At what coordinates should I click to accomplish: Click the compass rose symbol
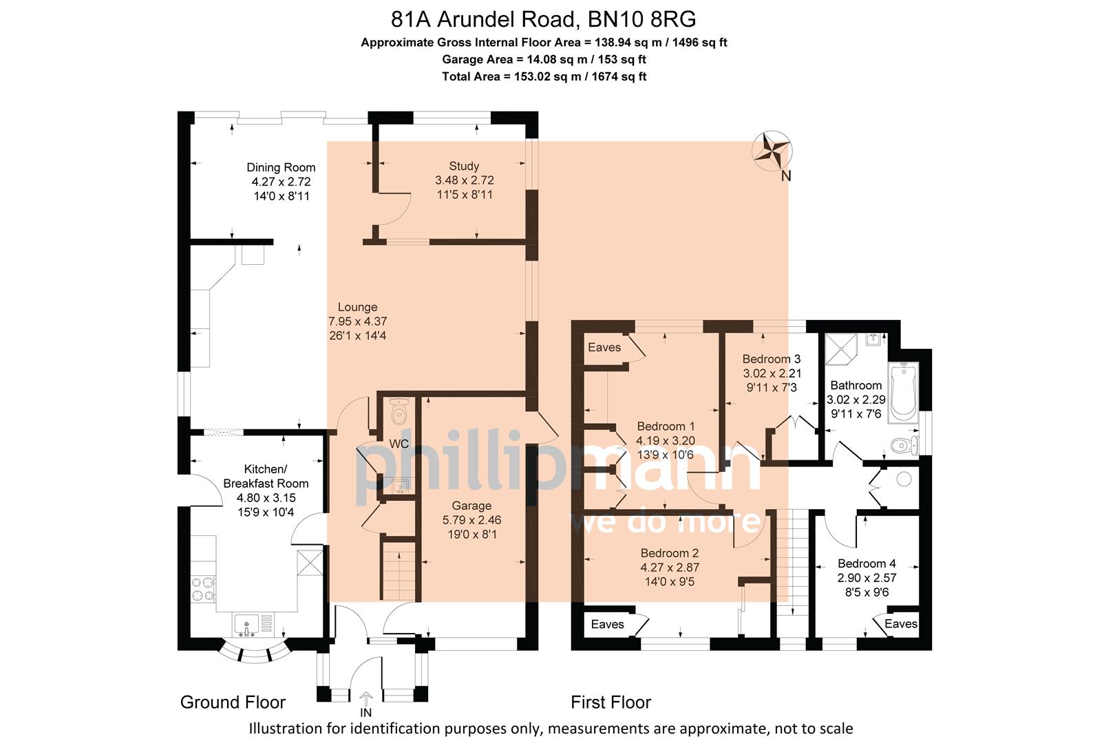click(772, 151)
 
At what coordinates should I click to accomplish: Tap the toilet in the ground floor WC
click(399, 413)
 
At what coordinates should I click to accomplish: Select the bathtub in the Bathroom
click(903, 394)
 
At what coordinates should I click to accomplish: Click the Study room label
click(464, 166)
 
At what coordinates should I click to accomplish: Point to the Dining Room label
click(281, 167)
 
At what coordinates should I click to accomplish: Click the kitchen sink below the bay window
click(246, 625)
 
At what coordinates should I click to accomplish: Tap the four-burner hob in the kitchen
click(203, 588)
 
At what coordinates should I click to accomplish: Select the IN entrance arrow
click(365, 700)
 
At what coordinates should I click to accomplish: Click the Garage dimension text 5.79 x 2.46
click(471, 520)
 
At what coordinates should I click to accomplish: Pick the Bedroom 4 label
click(867, 563)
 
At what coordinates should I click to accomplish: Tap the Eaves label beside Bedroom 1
click(604, 347)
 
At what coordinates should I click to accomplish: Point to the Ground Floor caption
click(233, 702)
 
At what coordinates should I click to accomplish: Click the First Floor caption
click(610, 702)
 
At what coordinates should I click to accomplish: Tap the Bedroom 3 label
click(771, 358)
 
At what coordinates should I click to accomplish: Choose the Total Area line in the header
click(544, 76)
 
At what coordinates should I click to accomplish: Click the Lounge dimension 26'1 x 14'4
click(357, 336)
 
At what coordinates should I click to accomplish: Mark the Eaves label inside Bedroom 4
click(900, 624)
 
